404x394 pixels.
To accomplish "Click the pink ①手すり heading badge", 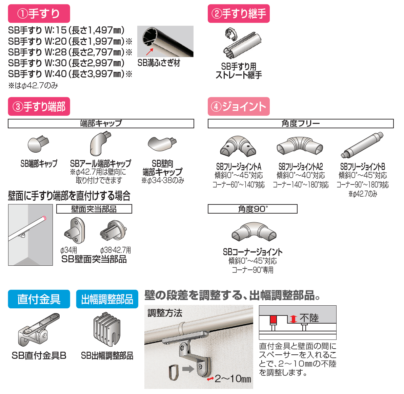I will coord(39,14).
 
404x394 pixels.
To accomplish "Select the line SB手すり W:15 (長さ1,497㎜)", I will coord(66,30).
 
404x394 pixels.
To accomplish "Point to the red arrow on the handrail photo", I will coord(149,51).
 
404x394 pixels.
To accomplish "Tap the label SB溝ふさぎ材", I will coord(159,63).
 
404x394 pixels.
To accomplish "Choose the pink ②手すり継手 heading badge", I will coord(239,14).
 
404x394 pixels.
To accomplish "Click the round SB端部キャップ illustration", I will coord(37,144).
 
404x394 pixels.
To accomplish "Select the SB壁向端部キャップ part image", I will coord(162,144).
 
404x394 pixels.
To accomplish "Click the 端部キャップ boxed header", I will coord(101,124).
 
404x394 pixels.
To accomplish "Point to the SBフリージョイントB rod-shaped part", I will coord(362,145).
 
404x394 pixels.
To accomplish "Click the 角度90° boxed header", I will coord(252,209).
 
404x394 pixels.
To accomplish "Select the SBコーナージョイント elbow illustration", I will coord(254,232).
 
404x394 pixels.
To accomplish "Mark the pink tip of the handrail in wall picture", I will coord(44,218).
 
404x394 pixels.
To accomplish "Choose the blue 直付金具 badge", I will coord(39,299).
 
